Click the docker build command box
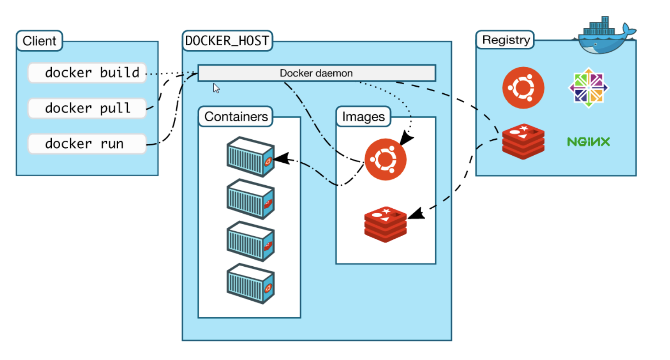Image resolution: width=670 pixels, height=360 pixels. [87, 73]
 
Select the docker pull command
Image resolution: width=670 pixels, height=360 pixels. [87, 108]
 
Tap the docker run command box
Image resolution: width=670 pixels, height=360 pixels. [87, 144]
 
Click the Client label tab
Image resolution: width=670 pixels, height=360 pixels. [39, 41]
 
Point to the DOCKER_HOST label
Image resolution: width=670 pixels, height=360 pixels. [227, 41]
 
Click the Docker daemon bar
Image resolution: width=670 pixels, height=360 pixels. [316, 73]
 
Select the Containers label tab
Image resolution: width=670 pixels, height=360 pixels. [235, 117]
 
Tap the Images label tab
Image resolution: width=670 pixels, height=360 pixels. [363, 117]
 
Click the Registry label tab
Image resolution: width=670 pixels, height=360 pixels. [505, 40]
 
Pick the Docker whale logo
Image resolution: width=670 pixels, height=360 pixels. [605, 38]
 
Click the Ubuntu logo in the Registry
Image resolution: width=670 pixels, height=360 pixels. [523, 88]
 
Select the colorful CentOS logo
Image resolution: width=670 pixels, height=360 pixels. [588, 88]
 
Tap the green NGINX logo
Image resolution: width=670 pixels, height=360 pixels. [588, 142]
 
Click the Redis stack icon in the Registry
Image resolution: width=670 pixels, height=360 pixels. [523, 142]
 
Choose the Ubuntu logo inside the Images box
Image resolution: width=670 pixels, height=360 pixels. [385, 159]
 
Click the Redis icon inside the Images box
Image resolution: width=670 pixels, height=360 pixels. [385, 224]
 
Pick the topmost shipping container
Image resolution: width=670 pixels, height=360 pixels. [250, 157]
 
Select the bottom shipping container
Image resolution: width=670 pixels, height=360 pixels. [250, 283]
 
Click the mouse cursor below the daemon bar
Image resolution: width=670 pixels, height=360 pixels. [216, 88]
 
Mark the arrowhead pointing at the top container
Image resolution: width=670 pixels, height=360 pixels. [281, 158]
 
